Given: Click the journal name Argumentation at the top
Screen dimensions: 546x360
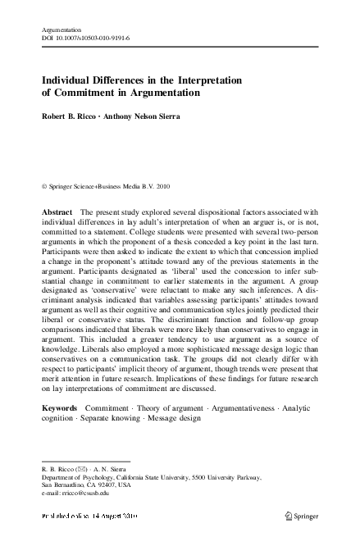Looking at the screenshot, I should click(63, 29).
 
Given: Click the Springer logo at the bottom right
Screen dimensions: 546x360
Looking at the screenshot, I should click(300, 517).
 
